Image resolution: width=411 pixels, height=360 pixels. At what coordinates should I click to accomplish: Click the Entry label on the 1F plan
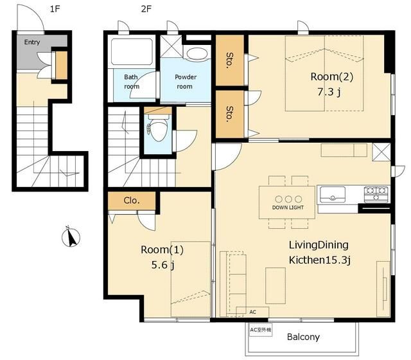click(x=32, y=42)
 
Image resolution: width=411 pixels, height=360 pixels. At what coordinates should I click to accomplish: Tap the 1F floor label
click(x=55, y=9)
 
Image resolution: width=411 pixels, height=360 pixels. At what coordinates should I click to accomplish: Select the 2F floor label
click(x=146, y=9)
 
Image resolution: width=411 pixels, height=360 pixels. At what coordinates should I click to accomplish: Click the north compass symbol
click(x=71, y=237)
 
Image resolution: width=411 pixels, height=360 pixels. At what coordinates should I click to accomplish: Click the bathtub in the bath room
click(x=132, y=51)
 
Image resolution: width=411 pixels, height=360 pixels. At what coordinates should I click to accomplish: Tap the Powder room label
click(x=186, y=82)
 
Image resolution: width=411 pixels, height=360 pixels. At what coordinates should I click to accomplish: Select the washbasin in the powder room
click(x=197, y=54)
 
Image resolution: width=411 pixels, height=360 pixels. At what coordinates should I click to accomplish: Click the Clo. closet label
click(x=132, y=201)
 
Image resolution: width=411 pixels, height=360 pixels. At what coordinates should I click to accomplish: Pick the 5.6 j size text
click(x=162, y=265)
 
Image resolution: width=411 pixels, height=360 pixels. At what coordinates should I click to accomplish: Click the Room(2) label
click(x=332, y=77)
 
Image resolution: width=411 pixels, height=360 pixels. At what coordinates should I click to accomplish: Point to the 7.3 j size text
click(x=329, y=92)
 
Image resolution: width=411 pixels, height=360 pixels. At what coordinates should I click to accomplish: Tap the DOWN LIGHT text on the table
click(x=288, y=208)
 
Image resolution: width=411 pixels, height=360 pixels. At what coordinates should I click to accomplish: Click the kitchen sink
click(x=333, y=195)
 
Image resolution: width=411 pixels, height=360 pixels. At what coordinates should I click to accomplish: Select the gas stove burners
click(x=376, y=194)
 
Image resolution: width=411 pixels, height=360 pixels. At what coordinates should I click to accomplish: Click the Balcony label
click(x=303, y=337)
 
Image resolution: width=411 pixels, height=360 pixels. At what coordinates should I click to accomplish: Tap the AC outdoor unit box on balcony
click(x=261, y=330)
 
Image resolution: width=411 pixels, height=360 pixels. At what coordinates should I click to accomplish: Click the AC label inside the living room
click(x=252, y=312)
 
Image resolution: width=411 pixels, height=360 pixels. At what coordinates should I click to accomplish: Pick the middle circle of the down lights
click(x=288, y=199)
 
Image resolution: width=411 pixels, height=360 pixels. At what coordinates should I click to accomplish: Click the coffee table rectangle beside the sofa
click(x=275, y=285)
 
